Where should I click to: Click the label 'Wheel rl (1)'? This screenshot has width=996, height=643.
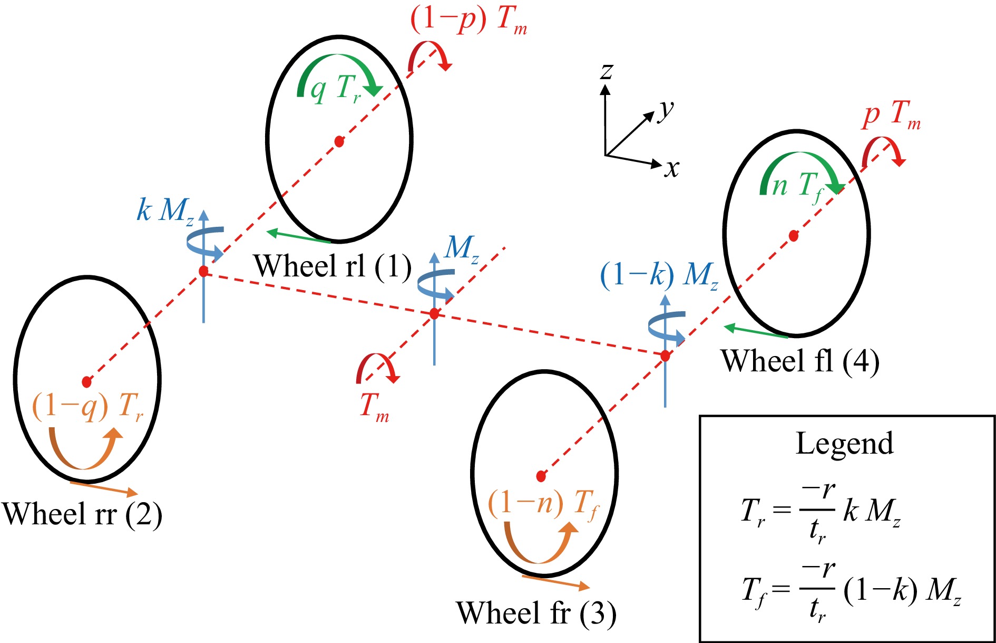coord(332,266)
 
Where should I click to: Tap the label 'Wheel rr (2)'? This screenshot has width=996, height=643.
coord(82,514)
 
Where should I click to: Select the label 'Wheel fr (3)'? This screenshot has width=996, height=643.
coord(536,613)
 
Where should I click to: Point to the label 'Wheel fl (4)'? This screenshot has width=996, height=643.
coord(800,361)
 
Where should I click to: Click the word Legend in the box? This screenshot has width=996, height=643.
coord(844,443)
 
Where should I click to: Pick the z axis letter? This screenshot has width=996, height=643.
coord(607,70)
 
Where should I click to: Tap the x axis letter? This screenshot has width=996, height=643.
coord(671,169)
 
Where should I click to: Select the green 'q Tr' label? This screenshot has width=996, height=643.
coord(335,88)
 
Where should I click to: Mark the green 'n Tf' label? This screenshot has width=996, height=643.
coord(797,186)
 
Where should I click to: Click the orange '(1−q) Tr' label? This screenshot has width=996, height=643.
coord(87,407)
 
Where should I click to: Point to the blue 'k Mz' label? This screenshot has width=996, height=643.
coord(165,211)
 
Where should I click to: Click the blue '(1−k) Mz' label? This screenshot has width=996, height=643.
coord(659,275)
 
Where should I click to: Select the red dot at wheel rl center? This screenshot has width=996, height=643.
coord(339,141)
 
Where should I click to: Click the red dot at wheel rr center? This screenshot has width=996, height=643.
coord(87,381)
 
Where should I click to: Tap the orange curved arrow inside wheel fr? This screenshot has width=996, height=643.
coord(540,543)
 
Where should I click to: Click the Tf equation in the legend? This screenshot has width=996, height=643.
coord(851,591)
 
